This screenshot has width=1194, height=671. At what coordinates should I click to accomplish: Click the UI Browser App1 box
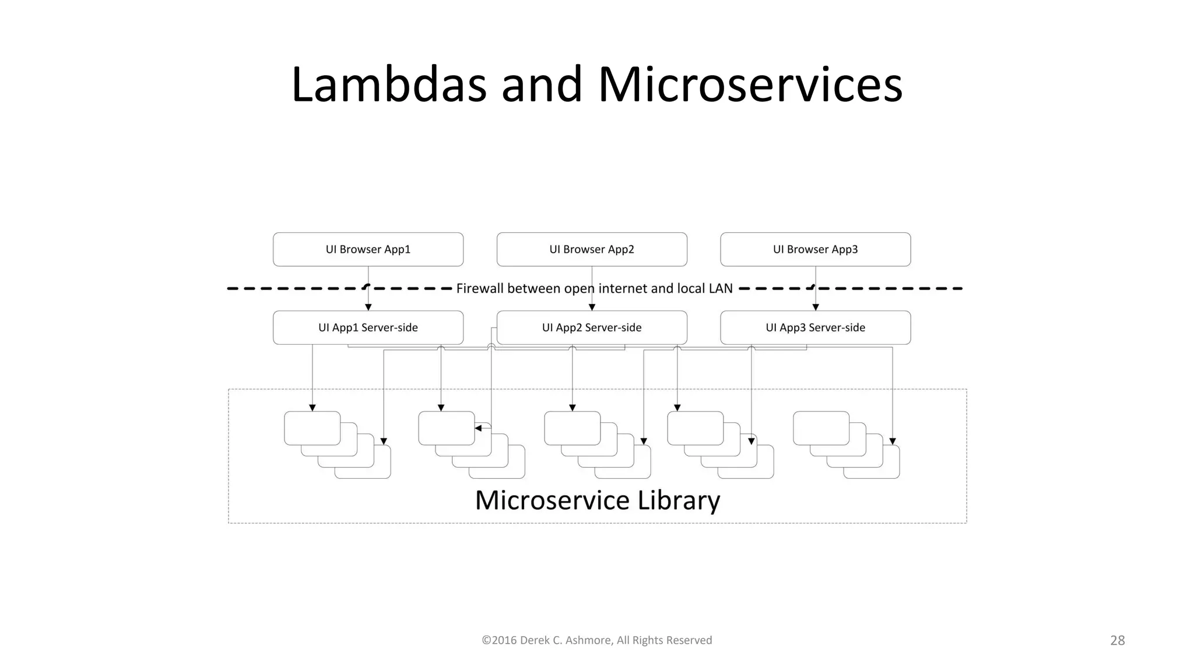click(x=368, y=249)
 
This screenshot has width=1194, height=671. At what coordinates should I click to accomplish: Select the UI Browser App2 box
click(x=592, y=249)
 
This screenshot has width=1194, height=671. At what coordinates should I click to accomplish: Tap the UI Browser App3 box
click(x=815, y=249)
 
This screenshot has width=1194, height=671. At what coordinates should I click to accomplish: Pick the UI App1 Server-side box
click(x=368, y=327)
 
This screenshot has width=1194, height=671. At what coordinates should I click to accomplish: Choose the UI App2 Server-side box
click(x=592, y=327)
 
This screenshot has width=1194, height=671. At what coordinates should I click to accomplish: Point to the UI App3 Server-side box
click(x=815, y=327)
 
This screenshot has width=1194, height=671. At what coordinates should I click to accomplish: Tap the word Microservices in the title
click(x=750, y=85)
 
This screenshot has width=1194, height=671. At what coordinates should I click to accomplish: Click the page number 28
click(x=1117, y=640)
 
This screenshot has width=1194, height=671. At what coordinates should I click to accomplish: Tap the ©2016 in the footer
click(x=499, y=640)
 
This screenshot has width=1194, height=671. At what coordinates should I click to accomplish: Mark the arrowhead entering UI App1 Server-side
click(x=368, y=307)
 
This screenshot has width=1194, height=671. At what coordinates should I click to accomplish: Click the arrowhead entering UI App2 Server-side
click(x=592, y=307)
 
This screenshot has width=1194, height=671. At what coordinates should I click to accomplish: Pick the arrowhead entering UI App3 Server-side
click(x=815, y=307)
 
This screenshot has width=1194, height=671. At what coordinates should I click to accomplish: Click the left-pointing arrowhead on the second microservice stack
click(x=478, y=428)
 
